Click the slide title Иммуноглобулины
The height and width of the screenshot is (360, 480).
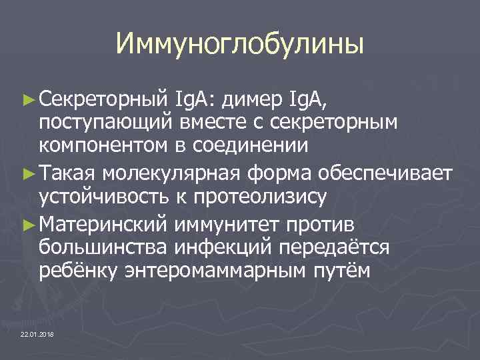[240, 44]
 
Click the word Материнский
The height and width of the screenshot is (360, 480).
[103, 226]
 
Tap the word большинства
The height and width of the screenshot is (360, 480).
[104, 248]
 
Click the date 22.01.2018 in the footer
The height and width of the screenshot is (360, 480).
[37, 333]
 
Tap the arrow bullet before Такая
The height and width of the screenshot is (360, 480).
[29, 175]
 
